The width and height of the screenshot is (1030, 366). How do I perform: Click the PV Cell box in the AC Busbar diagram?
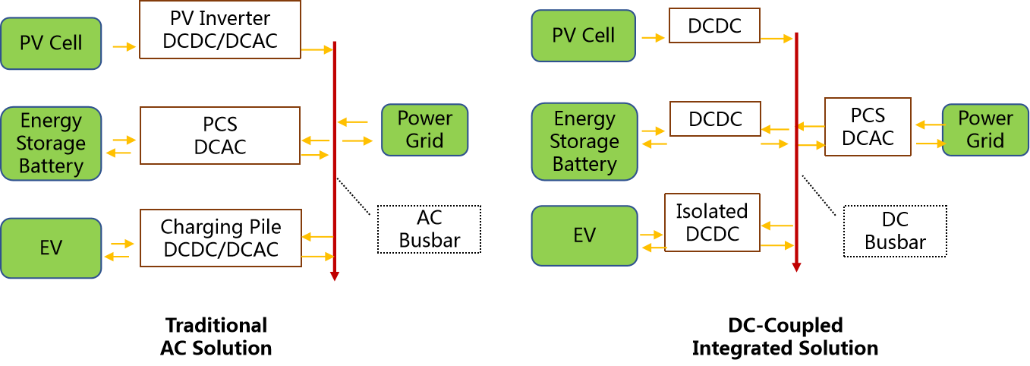[x=51, y=43]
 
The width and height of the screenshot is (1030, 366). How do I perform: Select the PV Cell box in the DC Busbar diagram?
[x=583, y=36]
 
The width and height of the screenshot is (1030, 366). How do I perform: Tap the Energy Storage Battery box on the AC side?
[x=51, y=144]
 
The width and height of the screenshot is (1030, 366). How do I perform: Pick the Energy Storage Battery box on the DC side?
[x=584, y=142]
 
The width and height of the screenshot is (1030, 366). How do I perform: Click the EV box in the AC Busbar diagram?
[x=51, y=248]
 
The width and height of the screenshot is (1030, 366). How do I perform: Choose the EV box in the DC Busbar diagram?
[x=584, y=235]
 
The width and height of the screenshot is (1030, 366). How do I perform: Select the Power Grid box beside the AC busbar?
[x=424, y=130]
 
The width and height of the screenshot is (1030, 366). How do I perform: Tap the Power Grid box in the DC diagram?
[x=985, y=130]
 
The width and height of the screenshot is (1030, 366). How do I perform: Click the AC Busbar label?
[x=429, y=229]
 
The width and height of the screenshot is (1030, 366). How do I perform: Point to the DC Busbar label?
[x=895, y=231]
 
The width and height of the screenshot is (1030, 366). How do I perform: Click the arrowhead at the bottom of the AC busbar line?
[x=334, y=276]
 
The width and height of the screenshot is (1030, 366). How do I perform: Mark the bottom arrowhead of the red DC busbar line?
[x=796, y=267]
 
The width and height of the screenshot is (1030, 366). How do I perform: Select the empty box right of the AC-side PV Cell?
[x=220, y=30]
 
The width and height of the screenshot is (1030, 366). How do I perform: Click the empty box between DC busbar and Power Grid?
[x=868, y=127]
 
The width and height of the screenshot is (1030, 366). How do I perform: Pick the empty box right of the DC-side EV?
[x=712, y=222]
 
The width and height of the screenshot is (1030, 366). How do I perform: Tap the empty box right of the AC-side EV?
[x=220, y=238]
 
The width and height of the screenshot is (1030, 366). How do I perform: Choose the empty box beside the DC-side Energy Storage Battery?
[x=714, y=118]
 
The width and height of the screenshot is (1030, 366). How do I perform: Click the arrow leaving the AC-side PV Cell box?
[x=124, y=47]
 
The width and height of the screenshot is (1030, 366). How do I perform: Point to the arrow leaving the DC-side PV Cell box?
[x=652, y=36]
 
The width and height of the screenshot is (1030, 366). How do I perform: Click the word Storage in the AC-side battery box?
[x=51, y=144]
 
